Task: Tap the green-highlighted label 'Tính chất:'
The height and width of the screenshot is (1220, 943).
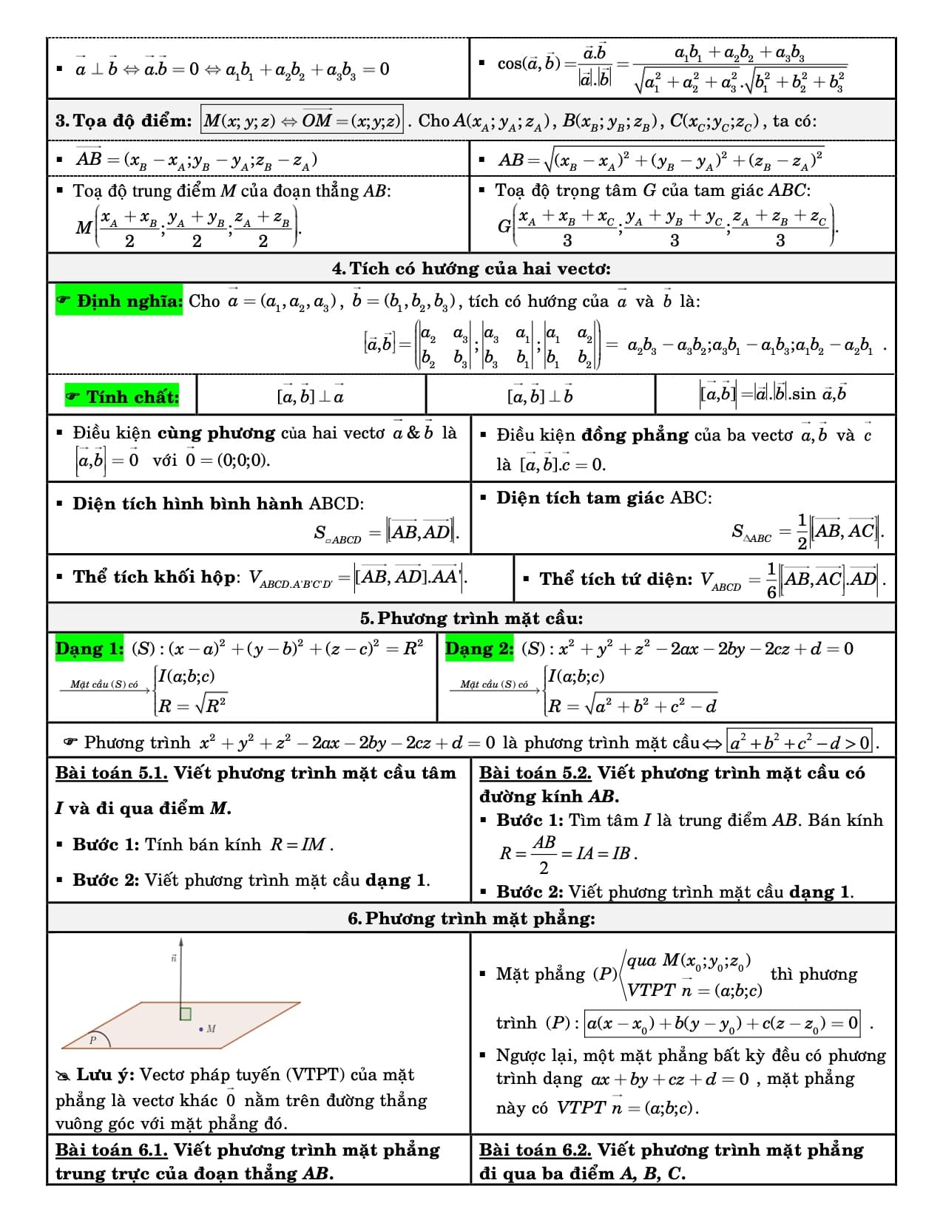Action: tap(124, 397)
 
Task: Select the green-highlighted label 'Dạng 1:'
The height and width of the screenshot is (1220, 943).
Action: tap(89, 648)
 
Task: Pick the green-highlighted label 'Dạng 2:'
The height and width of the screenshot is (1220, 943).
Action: tap(479, 648)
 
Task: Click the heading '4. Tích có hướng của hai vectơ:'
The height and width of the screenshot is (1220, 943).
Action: tap(471, 268)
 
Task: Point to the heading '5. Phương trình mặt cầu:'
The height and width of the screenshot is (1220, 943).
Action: tap(471, 618)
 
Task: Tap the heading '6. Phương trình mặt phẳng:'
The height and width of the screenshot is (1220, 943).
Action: tap(471, 918)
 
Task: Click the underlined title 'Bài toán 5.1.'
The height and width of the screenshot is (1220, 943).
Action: tap(112, 773)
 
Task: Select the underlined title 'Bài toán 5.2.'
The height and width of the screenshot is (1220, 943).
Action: tap(535, 773)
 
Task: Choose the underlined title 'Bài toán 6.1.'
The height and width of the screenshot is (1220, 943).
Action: tap(112, 1150)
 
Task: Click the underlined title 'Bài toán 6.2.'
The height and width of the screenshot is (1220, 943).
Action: tap(535, 1150)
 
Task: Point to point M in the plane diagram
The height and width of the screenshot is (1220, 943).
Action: tap(201, 1028)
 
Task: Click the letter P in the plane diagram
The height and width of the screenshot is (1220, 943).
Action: tap(93, 1040)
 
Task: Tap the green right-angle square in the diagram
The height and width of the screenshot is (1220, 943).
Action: tap(186, 1014)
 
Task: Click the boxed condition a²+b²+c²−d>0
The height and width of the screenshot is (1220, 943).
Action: tap(800, 742)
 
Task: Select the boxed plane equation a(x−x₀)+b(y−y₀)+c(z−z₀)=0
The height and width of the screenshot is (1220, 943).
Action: tap(722, 1023)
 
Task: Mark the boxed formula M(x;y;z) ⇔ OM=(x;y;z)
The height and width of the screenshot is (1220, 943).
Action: tap(302, 121)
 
